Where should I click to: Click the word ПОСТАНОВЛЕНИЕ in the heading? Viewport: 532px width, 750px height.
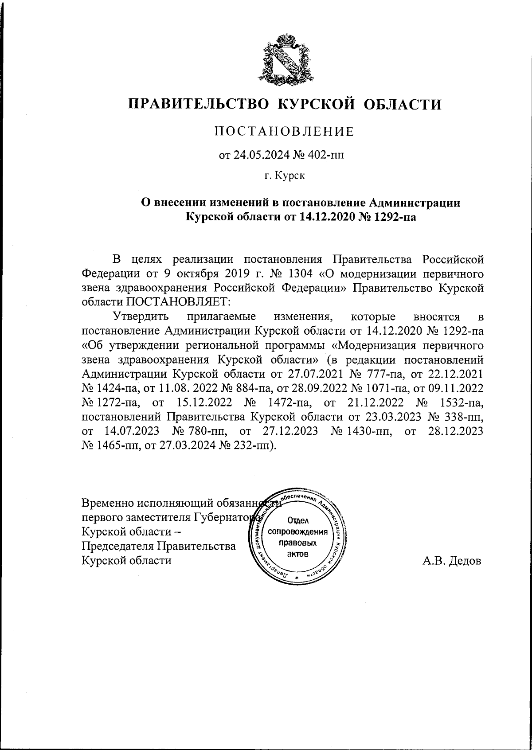click(x=284, y=132)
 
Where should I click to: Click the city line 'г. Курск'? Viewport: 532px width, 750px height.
click(x=285, y=176)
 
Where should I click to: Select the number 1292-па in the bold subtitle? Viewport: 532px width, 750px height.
click(x=394, y=217)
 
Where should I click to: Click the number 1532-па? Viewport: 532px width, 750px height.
click(x=460, y=402)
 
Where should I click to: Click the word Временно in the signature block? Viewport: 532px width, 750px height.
click(x=108, y=503)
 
